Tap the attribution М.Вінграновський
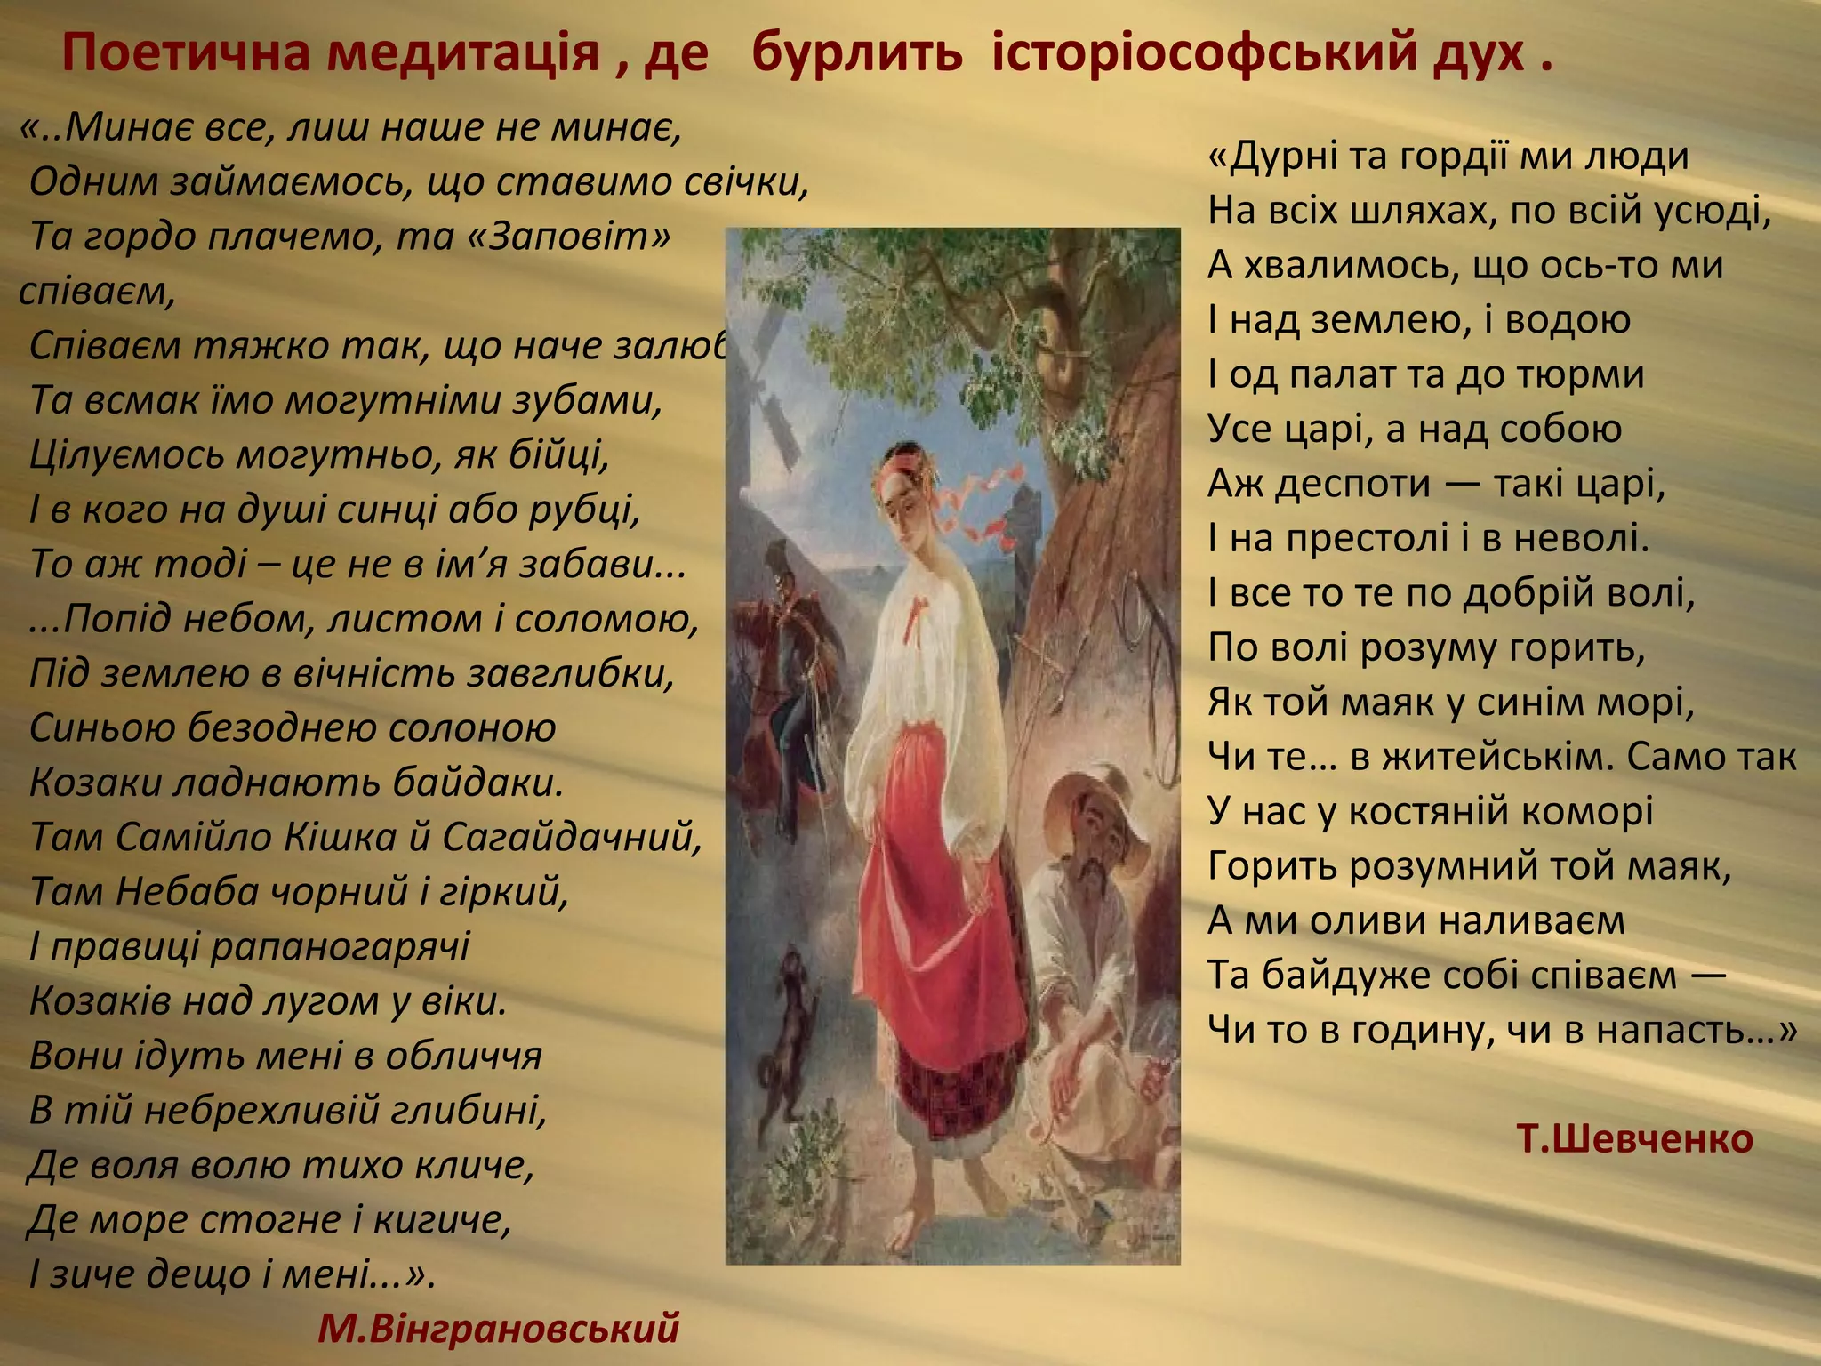(x=498, y=1328)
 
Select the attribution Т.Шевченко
(x=1634, y=1138)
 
